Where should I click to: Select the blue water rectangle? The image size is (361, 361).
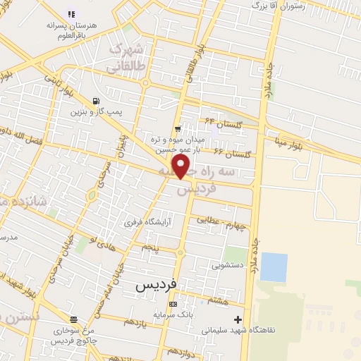click(x=274, y=267)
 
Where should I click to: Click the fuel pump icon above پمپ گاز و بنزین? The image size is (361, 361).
click(x=96, y=101)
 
